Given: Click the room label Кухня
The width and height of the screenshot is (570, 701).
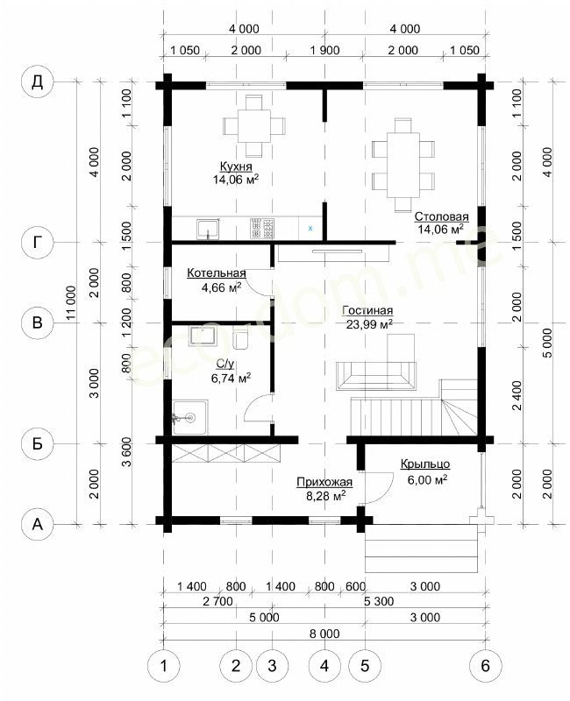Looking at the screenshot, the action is [236, 166].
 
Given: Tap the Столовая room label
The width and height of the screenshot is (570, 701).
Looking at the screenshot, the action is [441, 216].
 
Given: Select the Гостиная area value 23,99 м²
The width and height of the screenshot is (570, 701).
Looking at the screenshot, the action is [369, 324].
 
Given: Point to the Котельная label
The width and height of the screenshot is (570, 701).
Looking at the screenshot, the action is [216, 273].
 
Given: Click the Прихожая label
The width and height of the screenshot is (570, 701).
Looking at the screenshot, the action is [324, 482].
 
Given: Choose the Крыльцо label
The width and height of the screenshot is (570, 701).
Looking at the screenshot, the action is [425, 464].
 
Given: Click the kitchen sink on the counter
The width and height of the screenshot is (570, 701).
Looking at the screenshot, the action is [208, 229].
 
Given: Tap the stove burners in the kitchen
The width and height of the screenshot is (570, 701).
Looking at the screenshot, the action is [262, 229].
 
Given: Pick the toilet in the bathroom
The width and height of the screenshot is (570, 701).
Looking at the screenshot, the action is [240, 338].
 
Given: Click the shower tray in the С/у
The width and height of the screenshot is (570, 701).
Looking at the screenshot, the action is [189, 418].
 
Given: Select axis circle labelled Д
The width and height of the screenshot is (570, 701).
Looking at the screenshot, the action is [37, 81].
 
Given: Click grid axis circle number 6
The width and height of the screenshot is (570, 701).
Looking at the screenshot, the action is [486, 666].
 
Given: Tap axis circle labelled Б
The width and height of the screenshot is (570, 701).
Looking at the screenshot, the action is [37, 443].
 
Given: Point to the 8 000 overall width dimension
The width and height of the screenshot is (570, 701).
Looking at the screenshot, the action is [324, 634].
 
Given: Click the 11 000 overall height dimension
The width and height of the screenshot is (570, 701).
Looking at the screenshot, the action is [71, 303].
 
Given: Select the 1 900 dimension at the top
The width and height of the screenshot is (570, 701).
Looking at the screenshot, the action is [324, 50].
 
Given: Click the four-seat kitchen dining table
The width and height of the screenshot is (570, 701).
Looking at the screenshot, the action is [254, 125].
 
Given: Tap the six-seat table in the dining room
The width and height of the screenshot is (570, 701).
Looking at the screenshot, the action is [403, 165].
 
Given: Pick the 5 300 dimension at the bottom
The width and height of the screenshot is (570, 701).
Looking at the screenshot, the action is [379, 601].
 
